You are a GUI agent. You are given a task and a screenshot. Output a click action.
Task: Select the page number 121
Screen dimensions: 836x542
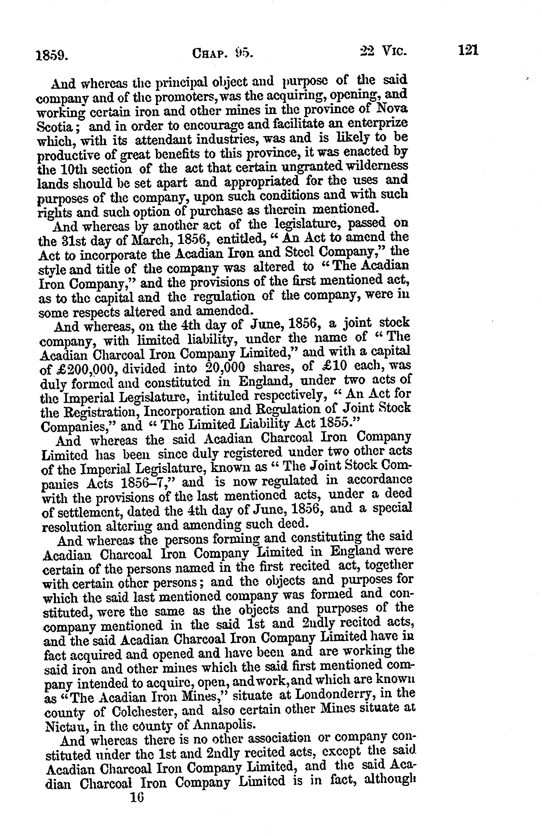468,50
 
